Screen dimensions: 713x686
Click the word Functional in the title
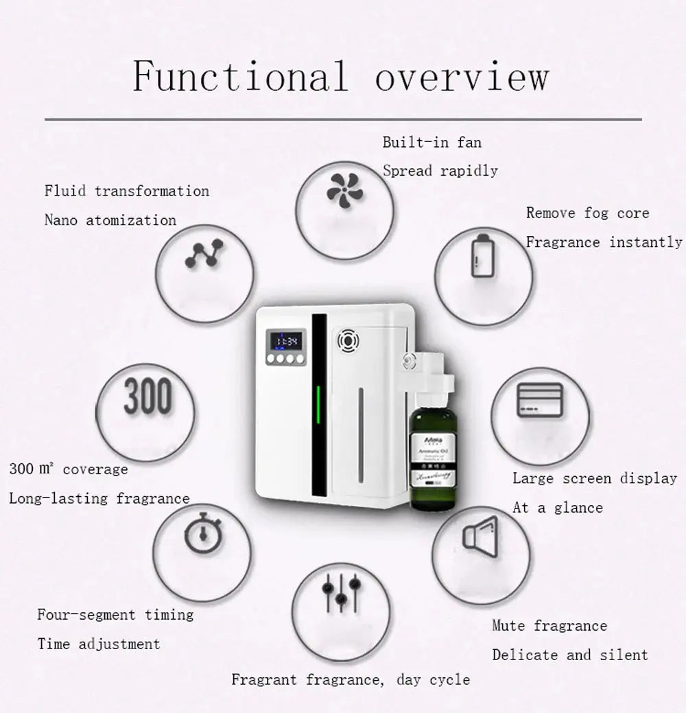pos(240,75)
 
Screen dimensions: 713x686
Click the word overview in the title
pos(461,75)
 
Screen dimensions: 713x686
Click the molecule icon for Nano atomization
pos(204,254)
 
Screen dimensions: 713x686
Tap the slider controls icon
pos(340,591)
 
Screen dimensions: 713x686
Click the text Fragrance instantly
pos(604,242)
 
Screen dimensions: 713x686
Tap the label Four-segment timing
pos(115,614)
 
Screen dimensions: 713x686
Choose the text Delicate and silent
pos(569,655)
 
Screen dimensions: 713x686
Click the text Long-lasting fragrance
pos(99,498)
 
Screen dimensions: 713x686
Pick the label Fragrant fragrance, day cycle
pos(351,680)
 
